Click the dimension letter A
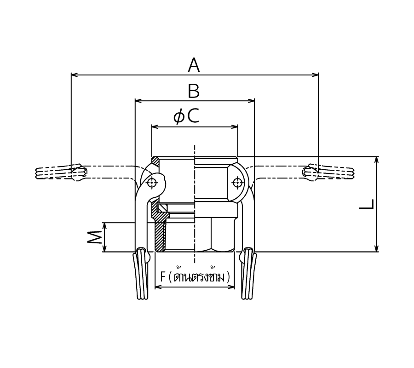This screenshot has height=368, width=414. point(194,65)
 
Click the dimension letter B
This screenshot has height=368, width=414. point(194,91)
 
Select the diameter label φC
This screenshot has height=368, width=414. point(186,116)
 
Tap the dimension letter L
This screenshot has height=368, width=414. point(367,204)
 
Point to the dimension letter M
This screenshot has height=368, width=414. point(94,237)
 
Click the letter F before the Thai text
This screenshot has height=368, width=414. point(163,277)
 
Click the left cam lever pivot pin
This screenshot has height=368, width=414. point(152,183)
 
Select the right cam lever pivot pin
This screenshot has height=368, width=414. point(237,183)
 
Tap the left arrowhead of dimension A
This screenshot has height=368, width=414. point(75,75)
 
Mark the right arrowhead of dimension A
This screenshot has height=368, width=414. point(315,75)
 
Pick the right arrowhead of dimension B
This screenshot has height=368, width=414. point(251,101)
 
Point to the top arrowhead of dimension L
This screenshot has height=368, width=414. point(376,160)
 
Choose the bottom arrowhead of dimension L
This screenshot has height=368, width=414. point(376,248)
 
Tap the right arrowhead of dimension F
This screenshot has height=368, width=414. point(231,287)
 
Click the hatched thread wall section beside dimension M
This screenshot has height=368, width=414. point(160,237)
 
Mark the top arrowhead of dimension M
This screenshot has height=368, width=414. point(105,226)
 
